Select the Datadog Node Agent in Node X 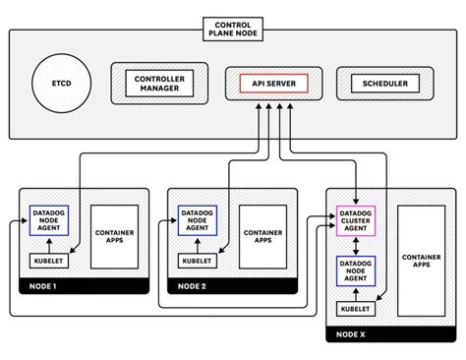pyautogui.click(x=355, y=270)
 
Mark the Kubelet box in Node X pyautogui.click(x=355, y=309)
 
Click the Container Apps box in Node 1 pyautogui.click(x=113, y=236)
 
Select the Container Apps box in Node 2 pyautogui.click(x=262, y=236)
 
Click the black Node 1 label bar pyautogui.click(x=84, y=287)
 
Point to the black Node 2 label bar pyautogui.click(x=233, y=287)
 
